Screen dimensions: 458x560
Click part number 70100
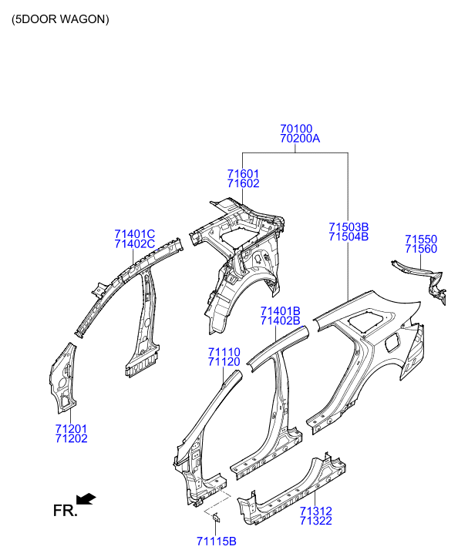296,129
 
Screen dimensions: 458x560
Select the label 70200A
300,138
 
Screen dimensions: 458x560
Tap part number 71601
243,174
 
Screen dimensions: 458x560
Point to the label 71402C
134,244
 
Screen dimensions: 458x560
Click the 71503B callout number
349,227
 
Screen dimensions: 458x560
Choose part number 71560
421,249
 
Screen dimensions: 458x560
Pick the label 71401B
281,311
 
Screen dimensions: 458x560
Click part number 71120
224,362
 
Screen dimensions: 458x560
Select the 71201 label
71,428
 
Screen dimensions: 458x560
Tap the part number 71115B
217,542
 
